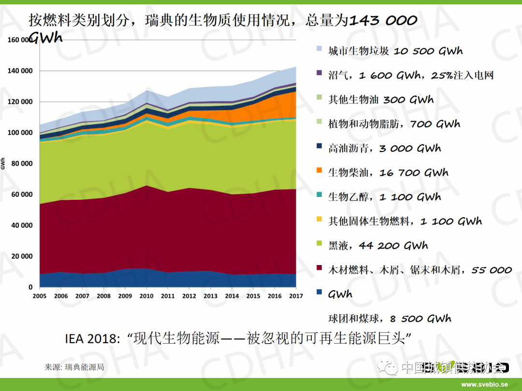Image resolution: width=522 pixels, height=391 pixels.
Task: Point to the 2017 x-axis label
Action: click(296, 296)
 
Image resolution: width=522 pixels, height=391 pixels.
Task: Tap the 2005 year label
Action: click(40, 296)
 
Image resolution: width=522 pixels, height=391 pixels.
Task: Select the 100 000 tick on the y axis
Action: click(20, 133)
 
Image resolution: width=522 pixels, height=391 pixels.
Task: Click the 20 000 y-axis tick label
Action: click(22, 256)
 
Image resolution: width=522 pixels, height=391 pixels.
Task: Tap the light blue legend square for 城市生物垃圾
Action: click(319, 49)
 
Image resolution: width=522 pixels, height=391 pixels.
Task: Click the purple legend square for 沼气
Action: click(319, 73)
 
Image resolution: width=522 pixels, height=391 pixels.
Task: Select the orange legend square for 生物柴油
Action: click(319, 170)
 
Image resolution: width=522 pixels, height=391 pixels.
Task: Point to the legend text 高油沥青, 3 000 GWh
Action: click(385, 149)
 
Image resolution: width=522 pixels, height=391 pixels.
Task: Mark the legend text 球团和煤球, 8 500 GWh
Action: click(390, 319)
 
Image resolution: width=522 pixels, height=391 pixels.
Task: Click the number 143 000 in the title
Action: click(383, 20)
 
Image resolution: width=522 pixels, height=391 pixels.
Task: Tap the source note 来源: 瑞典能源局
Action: click(74, 367)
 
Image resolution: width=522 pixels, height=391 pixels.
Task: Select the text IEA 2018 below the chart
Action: click(91, 338)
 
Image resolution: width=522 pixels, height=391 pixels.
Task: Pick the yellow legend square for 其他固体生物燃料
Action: click(319, 219)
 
